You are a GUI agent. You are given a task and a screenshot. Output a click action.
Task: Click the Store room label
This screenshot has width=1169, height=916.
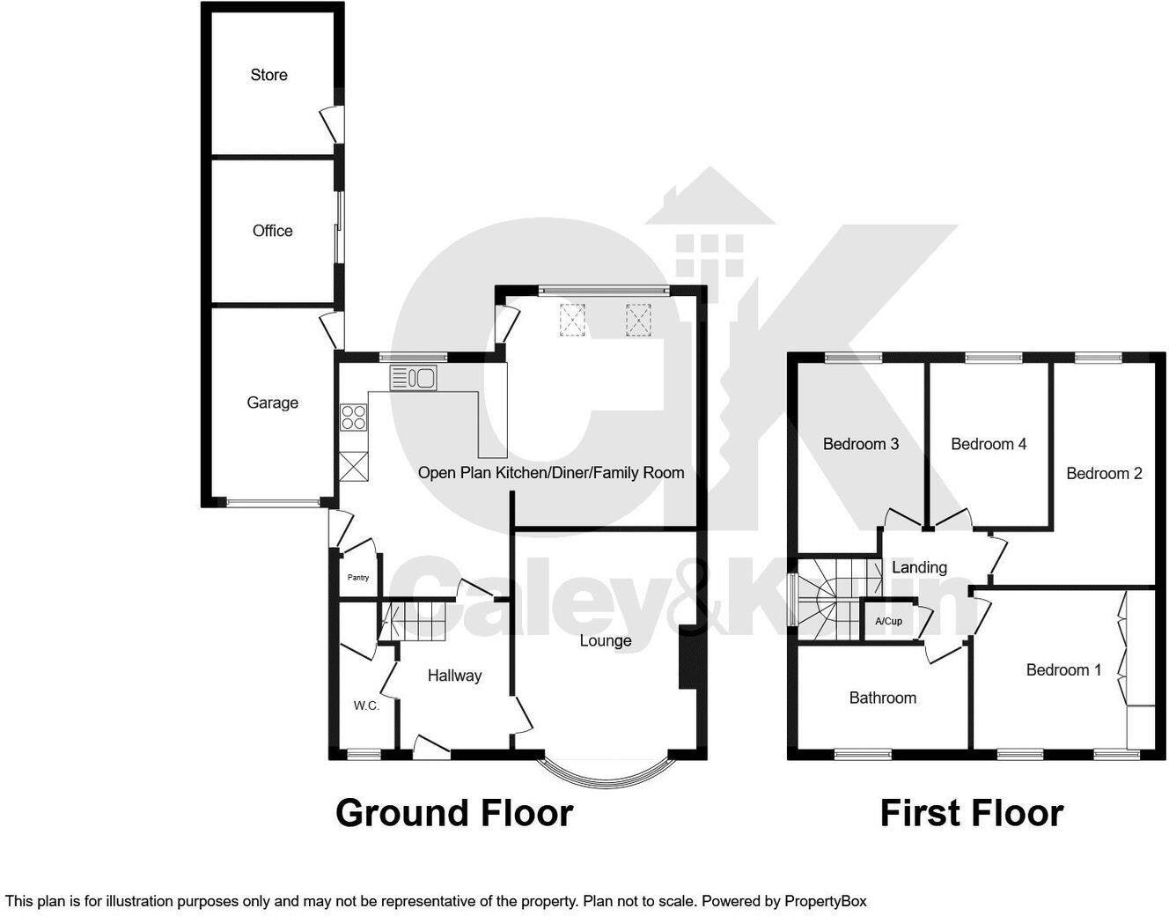(x=268, y=75)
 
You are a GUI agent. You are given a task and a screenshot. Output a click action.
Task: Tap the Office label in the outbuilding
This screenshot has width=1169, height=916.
(x=272, y=231)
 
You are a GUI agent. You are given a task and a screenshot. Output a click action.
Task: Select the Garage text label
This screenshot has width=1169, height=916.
(x=272, y=403)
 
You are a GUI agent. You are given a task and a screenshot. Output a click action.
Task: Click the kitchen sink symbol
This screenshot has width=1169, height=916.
(x=414, y=379)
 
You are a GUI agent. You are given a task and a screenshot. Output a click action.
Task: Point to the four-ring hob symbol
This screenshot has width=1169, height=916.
(x=354, y=417)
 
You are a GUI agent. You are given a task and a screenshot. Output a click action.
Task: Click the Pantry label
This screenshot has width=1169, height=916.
(x=358, y=578)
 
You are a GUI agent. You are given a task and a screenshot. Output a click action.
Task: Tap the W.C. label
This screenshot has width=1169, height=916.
(x=366, y=705)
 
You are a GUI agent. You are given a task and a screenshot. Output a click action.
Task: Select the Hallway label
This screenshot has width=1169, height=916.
(x=454, y=676)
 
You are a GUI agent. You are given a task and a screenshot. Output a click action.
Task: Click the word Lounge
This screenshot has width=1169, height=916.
(x=605, y=640)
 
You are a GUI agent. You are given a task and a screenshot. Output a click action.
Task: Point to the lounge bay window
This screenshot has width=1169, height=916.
(x=604, y=774)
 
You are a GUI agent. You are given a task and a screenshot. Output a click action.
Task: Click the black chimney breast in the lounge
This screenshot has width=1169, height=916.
(x=687, y=657)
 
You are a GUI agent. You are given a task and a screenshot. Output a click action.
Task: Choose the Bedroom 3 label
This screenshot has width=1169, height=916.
(x=860, y=444)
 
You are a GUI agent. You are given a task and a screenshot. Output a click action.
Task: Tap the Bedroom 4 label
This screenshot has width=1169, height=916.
(x=988, y=444)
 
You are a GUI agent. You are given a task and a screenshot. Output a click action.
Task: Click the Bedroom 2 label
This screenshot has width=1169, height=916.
(x=1104, y=474)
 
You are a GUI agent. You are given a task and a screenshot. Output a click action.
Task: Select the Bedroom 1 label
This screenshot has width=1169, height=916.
(x=1063, y=670)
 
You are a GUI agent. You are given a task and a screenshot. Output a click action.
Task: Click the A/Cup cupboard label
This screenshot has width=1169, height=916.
(x=888, y=621)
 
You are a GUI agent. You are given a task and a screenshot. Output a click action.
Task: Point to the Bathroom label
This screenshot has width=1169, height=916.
(x=882, y=698)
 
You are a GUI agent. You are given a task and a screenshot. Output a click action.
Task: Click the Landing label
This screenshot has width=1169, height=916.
(x=919, y=567)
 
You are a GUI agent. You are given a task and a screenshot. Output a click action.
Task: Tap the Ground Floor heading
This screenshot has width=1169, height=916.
(x=454, y=812)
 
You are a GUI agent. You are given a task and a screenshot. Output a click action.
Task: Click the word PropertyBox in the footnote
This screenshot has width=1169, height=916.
(x=826, y=901)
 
